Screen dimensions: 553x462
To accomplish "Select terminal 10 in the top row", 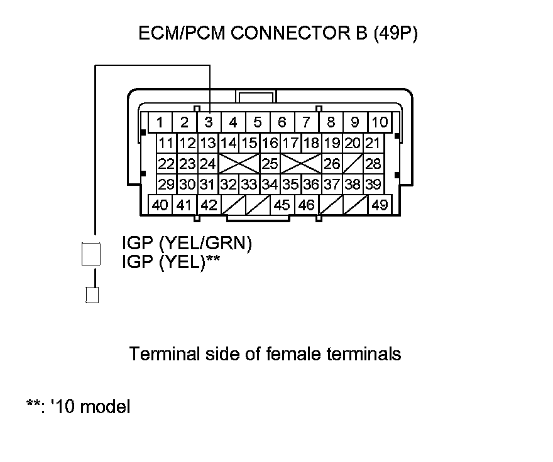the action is point(379,122).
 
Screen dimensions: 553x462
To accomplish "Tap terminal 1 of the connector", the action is point(161,122).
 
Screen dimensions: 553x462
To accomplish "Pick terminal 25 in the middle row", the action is point(270,164).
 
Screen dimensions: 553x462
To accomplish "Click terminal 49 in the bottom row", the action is point(380,205).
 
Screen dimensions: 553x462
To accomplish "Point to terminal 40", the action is point(160,205).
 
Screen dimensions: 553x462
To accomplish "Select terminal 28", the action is point(373,164).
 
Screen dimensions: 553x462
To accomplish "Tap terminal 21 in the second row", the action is point(373,143).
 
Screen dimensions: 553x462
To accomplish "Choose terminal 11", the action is point(167,143).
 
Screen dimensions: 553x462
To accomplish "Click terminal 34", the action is point(270,185).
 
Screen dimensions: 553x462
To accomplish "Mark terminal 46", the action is point(307,205).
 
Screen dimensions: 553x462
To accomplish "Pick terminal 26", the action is point(332,164).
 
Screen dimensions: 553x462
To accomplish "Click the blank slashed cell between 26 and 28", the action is point(353,164).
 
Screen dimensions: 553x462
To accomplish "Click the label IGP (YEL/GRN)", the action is point(187,244).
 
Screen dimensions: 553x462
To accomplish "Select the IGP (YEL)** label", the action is point(171,262).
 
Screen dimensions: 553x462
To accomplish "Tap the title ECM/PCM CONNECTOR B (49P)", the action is point(278,34).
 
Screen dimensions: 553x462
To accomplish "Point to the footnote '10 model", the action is point(87,407).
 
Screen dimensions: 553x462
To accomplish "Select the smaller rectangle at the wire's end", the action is point(92,295).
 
